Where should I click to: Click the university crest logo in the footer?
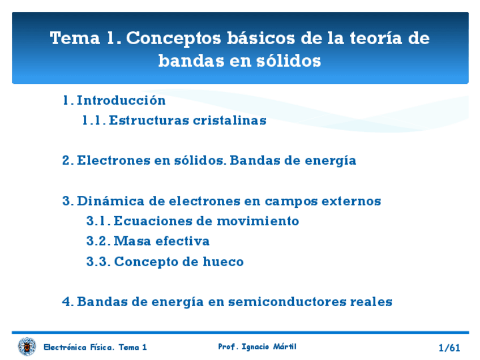[27, 346]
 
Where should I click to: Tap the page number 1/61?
[449, 348]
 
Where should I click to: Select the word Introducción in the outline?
[121, 100]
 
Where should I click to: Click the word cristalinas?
[230, 121]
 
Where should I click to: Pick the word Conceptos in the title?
[174, 38]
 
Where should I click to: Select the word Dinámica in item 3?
[110, 201]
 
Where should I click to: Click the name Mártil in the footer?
[285, 346]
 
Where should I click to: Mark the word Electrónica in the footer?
[65, 347]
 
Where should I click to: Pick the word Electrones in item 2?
[114, 160]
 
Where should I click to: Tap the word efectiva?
[182, 241]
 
